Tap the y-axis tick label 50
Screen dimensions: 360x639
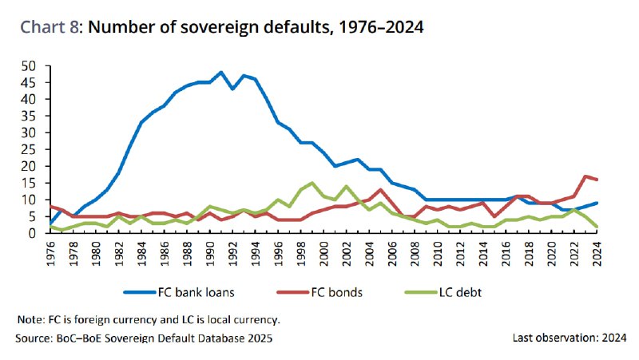(x=30, y=65)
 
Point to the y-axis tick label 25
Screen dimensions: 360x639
(x=30, y=149)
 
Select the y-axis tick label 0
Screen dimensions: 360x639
(x=33, y=233)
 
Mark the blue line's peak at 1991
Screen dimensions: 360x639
(x=221, y=72)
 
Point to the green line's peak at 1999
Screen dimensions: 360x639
(x=312, y=183)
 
